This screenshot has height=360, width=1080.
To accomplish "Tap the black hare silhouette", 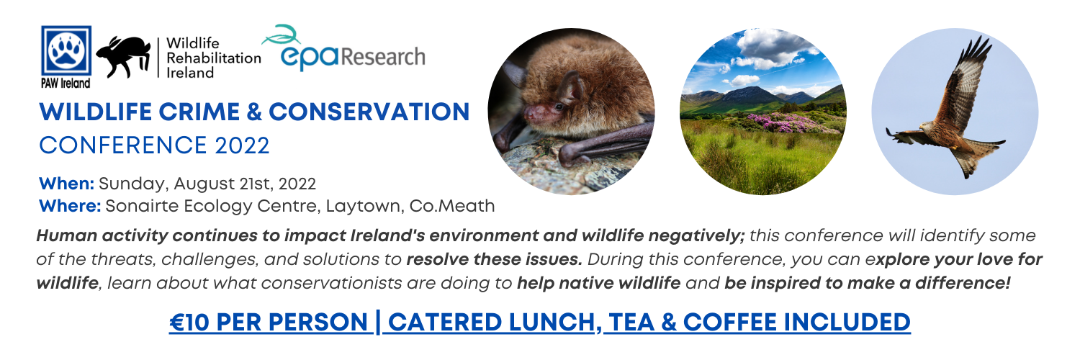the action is tap(123, 57).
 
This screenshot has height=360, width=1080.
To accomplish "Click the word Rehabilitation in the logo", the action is tap(214, 58).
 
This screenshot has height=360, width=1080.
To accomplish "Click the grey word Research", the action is tap(383, 57).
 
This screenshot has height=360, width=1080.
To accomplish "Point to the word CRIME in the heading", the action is tap(199, 112).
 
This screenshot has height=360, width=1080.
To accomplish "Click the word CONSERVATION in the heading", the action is tap(369, 112).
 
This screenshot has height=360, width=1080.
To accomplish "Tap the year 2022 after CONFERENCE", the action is tap(242, 145).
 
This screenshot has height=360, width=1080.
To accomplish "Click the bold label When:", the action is tap(66, 184).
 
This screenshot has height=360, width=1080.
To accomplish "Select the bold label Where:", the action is tap(70, 206).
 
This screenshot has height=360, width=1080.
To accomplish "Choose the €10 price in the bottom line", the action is tap(189, 323).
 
